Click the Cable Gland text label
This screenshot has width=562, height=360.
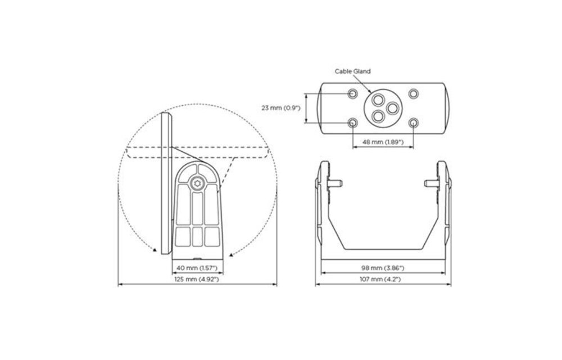353,71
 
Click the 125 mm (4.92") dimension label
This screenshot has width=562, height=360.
197,279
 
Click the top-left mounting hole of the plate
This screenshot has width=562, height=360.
352,93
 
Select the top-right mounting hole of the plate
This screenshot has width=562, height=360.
413,93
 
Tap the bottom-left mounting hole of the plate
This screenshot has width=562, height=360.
352,122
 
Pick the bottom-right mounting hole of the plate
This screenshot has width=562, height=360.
413,122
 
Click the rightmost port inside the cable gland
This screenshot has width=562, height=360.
393,107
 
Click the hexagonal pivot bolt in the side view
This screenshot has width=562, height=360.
197,182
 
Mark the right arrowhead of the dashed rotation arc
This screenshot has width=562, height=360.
232,254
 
